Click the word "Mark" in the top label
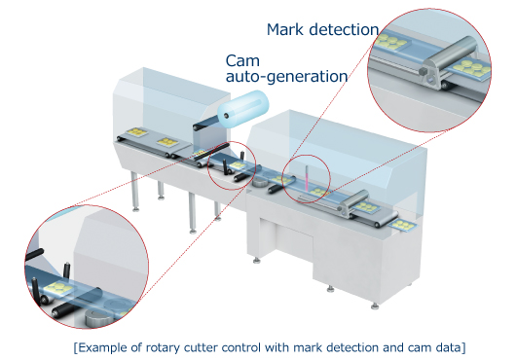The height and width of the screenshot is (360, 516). click(x=287, y=29)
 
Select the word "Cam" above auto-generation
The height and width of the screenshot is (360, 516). click(x=242, y=59)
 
